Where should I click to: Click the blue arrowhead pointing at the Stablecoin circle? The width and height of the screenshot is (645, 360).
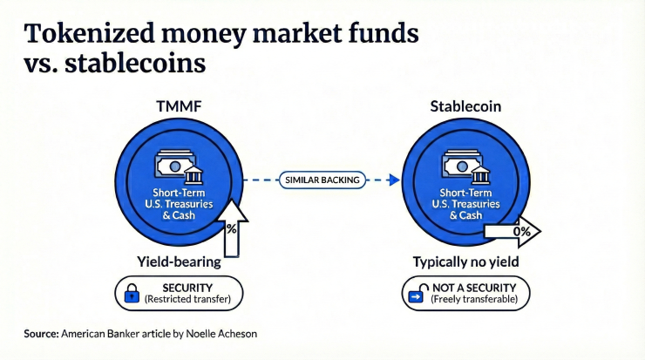tap(393, 180)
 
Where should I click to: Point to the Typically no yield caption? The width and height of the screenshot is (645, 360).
tap(467, 261)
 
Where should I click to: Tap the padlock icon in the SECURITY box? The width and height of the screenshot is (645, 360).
tap(131, 294)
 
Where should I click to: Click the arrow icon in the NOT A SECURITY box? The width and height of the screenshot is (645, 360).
tap(417, 294)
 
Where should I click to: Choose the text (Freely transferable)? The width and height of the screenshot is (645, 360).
tap(475, 300)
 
